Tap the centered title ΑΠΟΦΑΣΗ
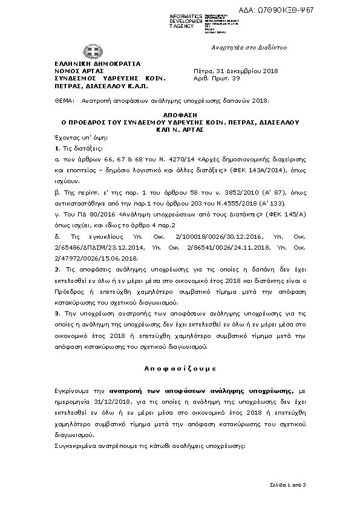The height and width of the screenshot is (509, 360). coord(180,114)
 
